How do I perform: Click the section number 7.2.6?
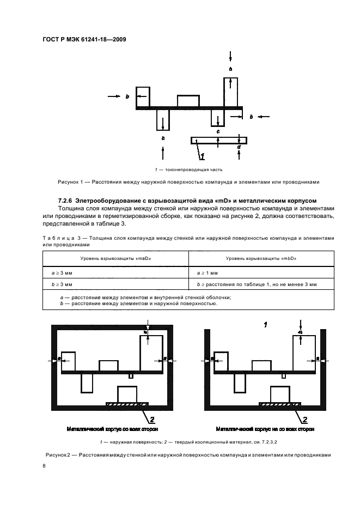click(x=66, y=200)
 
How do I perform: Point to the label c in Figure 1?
click(x=218, y=132)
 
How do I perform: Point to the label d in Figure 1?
click(x=239, y=147)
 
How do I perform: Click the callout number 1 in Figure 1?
click(x=202, y=157)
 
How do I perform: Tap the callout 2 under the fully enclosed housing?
click(x=152, y=419)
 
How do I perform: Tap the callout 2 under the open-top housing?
click(x=304, y=419)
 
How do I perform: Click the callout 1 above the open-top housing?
click(x=265, y=325)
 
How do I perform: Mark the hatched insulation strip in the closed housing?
click(x=127, y=404)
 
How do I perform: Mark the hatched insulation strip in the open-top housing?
click(x=279, y=404)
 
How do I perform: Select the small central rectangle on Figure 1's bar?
click(x=188, y=101)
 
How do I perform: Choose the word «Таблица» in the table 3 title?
click(x=56, y=238)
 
